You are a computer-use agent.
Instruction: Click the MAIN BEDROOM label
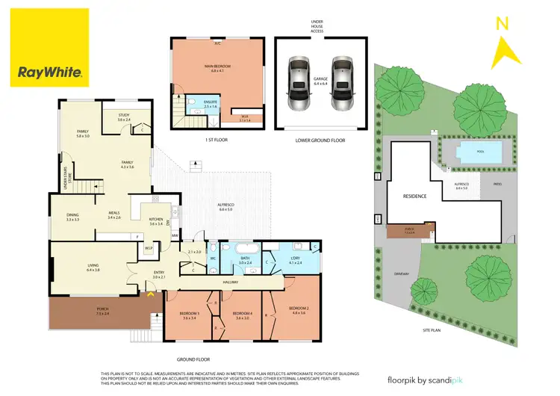pyautogui.click(x=218, y=68)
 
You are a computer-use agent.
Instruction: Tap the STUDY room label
pyautogui.click(x=124, y=116)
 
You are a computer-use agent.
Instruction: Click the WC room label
pyautogui.click(x=213, y=259)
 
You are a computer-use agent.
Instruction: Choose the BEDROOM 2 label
pyautogui.click(x=299, y=309)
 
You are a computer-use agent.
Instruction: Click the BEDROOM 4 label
pyautogui.click(x=243, y=314)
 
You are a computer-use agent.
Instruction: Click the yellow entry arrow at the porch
pyautogui.click(x=152, y=294)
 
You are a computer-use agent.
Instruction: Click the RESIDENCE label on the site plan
pyautogui.click(x=414, y=197)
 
